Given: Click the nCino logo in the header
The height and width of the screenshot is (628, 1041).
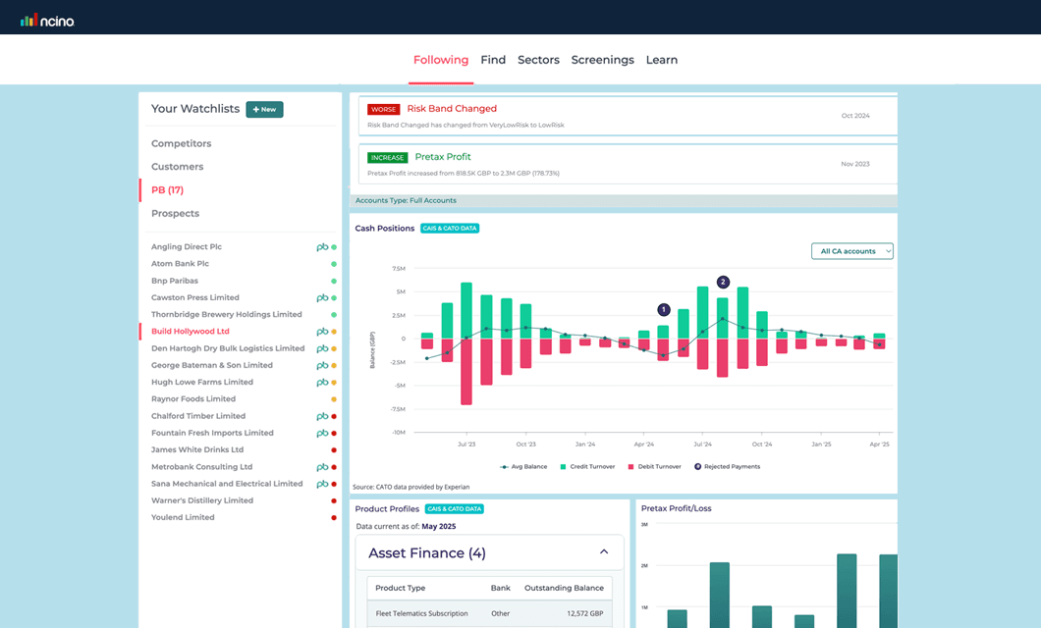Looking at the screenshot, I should [47, 20].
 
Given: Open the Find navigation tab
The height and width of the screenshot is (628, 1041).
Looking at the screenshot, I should [493, 60].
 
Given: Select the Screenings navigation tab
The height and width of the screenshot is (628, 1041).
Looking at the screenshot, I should [602, 60].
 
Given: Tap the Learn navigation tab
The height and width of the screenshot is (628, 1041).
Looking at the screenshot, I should [661, 60].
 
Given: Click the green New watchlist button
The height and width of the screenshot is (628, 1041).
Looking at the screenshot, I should [264, 109].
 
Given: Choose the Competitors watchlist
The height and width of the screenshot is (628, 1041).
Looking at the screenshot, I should [181, 143].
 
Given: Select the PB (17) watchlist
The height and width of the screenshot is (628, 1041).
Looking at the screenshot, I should [167, 189].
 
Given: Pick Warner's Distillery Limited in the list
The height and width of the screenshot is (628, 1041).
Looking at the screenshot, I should [201, 500].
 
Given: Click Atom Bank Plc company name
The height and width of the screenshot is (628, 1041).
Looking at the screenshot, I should [180, 264].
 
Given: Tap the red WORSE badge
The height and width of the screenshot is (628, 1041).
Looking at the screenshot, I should [384, 109].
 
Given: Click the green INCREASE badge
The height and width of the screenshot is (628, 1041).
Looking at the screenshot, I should [388, 157].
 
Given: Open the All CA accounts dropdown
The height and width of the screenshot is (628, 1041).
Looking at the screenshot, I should [851, 251].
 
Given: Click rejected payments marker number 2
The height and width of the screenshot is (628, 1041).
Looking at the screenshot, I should [723, 282].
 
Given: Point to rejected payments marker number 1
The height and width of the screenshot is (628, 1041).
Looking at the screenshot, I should [663, 309].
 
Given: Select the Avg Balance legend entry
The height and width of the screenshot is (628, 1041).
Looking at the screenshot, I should [525, 466].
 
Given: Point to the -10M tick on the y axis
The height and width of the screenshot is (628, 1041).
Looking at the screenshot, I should [398, 432].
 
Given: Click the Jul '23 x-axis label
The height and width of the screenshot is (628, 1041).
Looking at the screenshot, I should [466, 445].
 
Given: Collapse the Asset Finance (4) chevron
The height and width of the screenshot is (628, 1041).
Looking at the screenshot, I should [604, 552].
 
